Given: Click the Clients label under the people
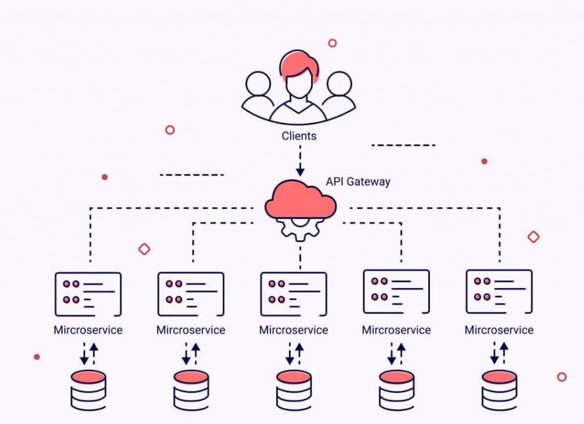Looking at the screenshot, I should coord(299,136).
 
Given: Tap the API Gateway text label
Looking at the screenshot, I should coord(358,182).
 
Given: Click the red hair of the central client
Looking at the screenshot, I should coord(299,64).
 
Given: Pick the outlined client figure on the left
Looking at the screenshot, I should coord(258,92).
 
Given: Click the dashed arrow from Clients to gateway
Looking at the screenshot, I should coord(300,162).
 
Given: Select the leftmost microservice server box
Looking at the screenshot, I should coord(88,293).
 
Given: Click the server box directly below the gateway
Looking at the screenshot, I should coord(293,293).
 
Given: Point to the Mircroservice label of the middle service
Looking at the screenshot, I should coord(293,330).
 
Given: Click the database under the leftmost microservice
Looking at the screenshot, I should coord(88,390).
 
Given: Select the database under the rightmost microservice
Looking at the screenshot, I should coord(499,390).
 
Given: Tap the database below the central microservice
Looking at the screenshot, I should coord(293,390).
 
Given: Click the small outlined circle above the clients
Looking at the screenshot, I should coord(332,43).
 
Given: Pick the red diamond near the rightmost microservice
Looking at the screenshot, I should coord(533,237).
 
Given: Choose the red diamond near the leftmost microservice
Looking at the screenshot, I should coord(144,249).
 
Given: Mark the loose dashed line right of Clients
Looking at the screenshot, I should coord(403,146).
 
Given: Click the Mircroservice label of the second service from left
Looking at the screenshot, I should coord(191,330).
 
